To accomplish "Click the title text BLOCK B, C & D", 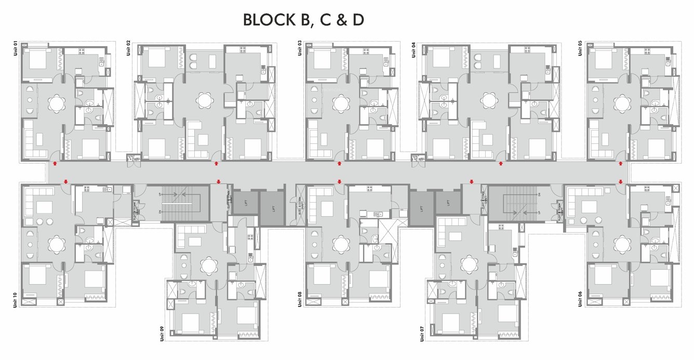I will [304, 20].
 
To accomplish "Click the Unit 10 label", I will [15, 300].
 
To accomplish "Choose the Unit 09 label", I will [162, 332].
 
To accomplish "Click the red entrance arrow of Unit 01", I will [55, 164].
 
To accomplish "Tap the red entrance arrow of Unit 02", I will [217, 164].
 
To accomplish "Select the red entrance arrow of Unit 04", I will [501, 164].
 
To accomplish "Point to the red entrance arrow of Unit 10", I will [65, 181].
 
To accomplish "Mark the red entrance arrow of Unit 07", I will [472, 181].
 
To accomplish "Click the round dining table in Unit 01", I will [56, 103].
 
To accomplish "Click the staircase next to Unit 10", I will [179, 203].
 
